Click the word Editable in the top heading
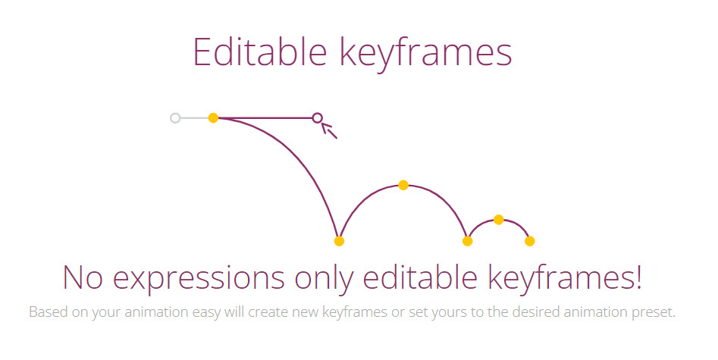tap(259, 52)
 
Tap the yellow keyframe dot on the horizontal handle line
tap(213, 118)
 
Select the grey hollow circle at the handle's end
tap(175, 118)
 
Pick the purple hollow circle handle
tap(318, 118)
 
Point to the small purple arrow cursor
tap(329, 130)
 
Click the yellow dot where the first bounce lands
tap(339, 241)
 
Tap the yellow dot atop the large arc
tap(403, 185)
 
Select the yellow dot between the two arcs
tap(467, 241)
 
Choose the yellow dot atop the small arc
tap(499, 220)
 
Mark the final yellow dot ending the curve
tap(529, 241)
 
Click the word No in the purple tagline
tap(83, 277)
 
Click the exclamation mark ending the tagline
tap(638, 277)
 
